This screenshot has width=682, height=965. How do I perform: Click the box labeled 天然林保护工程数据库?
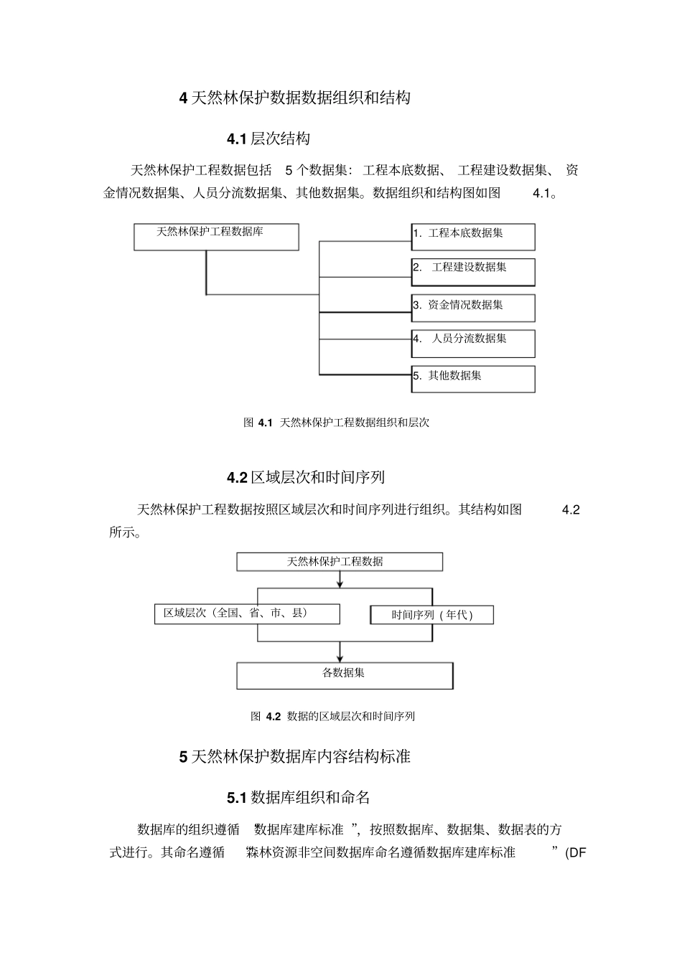click(x=216, y=237)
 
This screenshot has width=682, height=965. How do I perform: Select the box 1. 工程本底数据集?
click(x=473, y=237)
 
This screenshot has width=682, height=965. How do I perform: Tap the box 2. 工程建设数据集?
click(x=473, y=272)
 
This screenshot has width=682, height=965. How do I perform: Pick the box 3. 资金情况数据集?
click(x=473, y=308)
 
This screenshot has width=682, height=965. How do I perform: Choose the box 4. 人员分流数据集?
click(x=473, y=344)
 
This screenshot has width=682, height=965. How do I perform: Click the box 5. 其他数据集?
click(x=473, y=379)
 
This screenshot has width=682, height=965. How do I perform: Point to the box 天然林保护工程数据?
click(x=340, y=562)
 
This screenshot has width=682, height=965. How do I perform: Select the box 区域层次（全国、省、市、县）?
click(x=247, y=614)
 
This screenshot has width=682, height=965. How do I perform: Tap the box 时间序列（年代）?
click(x=432, y=615)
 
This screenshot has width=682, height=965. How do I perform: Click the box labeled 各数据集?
click(x=345, y=676)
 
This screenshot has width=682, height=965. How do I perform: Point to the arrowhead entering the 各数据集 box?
click(x=340, y=659)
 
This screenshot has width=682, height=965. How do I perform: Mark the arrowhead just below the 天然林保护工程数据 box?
click(x=340, y=584)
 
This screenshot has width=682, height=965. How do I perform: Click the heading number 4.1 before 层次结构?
click(x=237, y=139)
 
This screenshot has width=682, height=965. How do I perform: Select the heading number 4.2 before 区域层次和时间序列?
click(x=237, y=478)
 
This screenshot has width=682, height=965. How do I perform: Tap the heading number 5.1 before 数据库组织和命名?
click(x=237, y=798)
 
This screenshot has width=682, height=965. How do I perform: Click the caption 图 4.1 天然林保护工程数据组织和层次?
click(x=336, y=423)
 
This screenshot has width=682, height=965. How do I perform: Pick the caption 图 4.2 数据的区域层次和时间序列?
click(x=332, y=717)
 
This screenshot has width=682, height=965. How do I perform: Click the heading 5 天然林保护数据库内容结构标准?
click(x=294, y=757)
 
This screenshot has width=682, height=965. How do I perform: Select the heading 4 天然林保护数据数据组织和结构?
click(x=294, y=98)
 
